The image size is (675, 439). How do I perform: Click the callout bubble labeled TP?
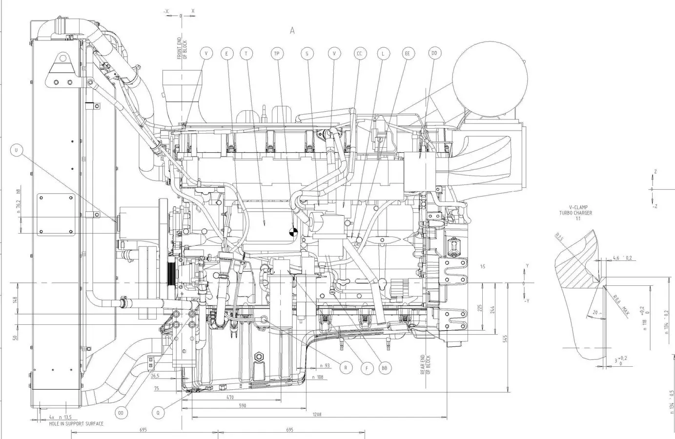[x=277, y=53]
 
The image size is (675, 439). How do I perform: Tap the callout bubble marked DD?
[x=433, y=53]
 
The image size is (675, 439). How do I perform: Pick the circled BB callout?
[x=385, y=368]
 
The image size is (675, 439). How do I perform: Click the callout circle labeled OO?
[x=122, y=413]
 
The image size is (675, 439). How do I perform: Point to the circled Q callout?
[x=158, y=413]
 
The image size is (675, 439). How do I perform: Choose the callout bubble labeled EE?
[x=407, y=53]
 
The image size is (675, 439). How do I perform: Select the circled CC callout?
[x=359, y=53]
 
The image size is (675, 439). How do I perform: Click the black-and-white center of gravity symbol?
[x=293, y=233]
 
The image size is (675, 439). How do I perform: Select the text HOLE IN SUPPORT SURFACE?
[x=76, y=424]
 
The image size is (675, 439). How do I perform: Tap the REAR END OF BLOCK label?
[x=426, y=364]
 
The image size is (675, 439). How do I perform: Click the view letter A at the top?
[x=292, y=30]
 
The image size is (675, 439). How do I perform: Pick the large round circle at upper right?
[x=490, y=78]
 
